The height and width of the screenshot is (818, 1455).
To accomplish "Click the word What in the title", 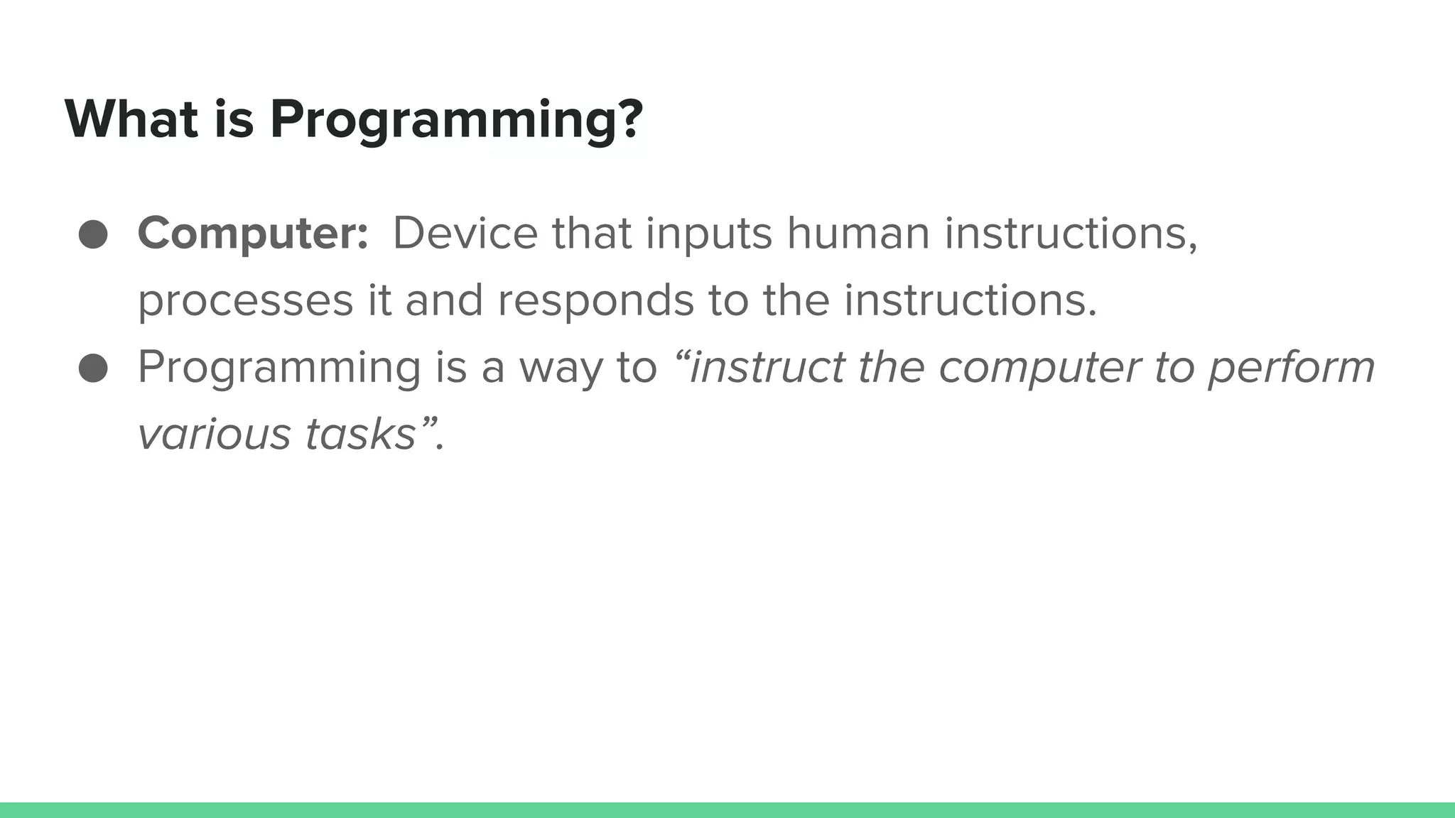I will pyautogui.click(x=131, y=119).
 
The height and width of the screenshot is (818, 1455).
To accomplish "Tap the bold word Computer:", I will pyautogui.click(x=253, y=234).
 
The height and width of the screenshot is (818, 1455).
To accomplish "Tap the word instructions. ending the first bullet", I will pyautogui.click(x=970, y=300).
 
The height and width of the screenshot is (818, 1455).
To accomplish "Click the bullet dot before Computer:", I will pyautogui.click(x=93, y=234).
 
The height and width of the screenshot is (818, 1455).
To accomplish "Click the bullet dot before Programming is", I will pyautogui.click(x=93, y=369).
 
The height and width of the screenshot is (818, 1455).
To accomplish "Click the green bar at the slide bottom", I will pyautogui.click(x=727, y=809).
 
